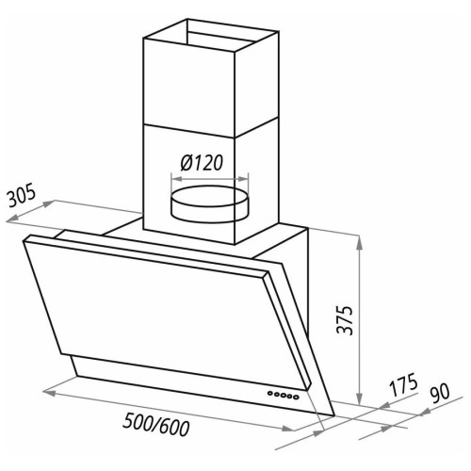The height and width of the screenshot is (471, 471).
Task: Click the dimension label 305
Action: (x=22, y=196)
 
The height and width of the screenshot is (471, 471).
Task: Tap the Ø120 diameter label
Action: (x=202, y=163)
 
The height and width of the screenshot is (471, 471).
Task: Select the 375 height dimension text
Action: (x=345, y=319)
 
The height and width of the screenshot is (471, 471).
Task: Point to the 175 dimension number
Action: (x=403, y=384)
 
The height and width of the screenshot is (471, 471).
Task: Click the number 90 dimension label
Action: (x=440, y=392)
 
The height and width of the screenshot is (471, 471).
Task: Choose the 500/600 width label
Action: (x=156, y=424)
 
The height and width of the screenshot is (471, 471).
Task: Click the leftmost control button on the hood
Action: (x=270, y=393)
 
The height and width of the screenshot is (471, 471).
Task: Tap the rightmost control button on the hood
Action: (x=296, y=397)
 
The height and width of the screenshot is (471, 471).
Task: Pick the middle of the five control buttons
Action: (x=283, y=395)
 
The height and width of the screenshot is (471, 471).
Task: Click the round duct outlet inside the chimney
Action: (x=209, y=204)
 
